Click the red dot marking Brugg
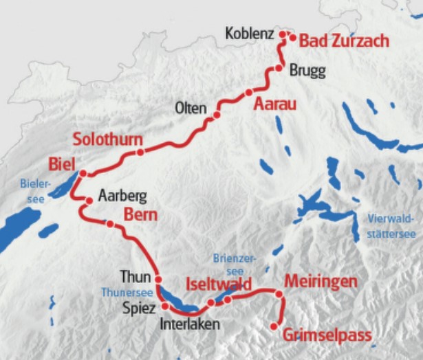pyautogui.click(x=279, y=68)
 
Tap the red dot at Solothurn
pyautogui.click(x=140, y=153)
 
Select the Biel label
pyautogui.click(x=61, y=164)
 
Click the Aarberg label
pyautogui.click(x=122, y=196)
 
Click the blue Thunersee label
pyautogui.click(x=123, y=291)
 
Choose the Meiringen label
pyautogui.click(x=321, y=282)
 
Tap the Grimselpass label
pyautogui.click(x=327, y=336)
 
